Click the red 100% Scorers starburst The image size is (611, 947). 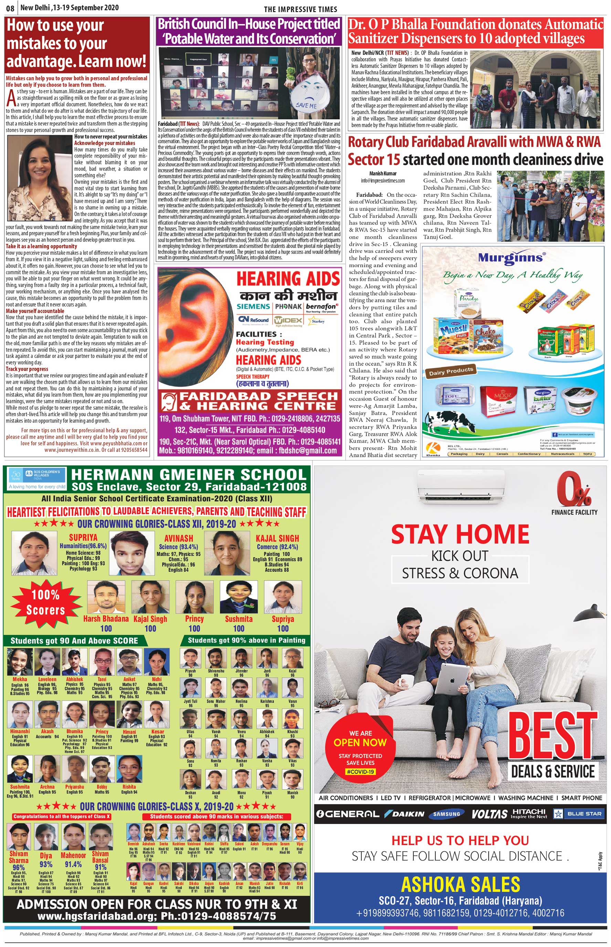46,603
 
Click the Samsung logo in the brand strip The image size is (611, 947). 447,814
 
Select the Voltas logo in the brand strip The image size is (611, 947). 489,814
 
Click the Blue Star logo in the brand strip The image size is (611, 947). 578,814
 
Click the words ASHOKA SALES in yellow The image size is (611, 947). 460,885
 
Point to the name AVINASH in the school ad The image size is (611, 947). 179,538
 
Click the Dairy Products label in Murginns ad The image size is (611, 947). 451,371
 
